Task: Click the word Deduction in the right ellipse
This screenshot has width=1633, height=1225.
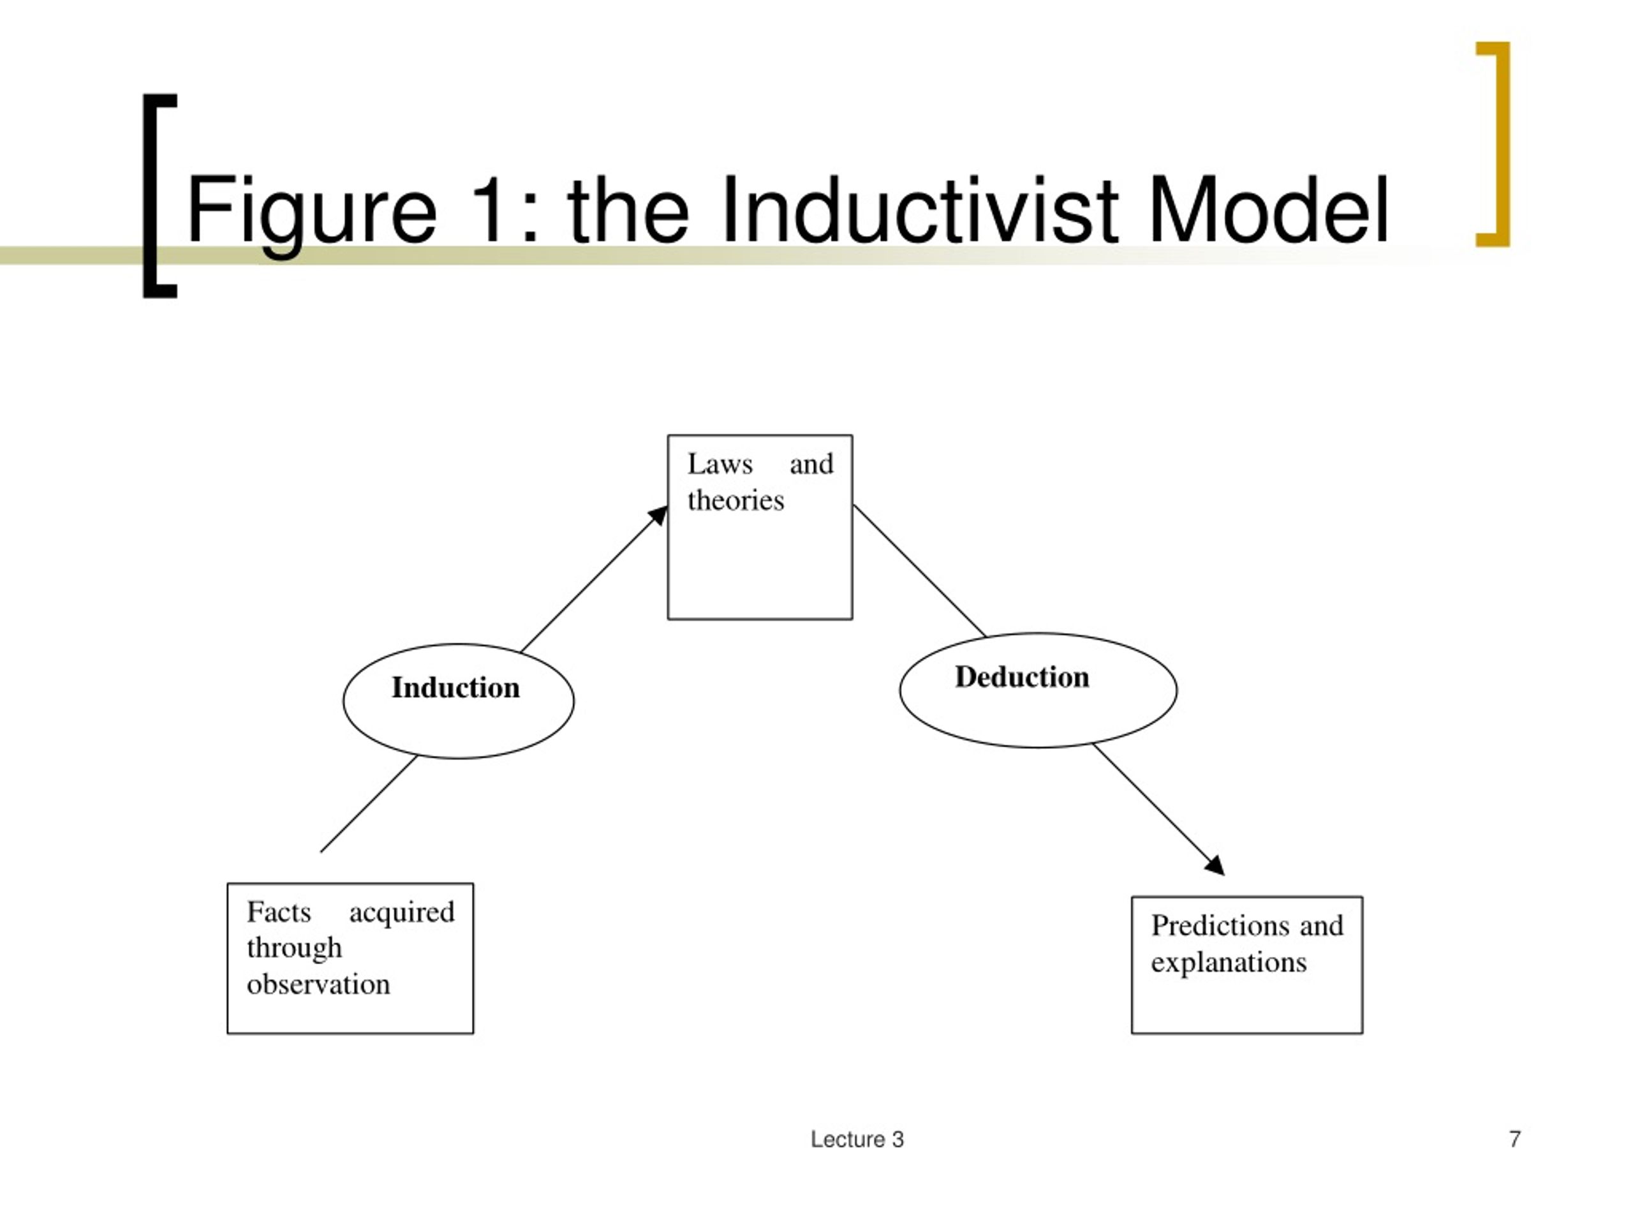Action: (x=1022, y=677)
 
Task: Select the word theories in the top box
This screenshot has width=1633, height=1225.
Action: (x=735, y=500)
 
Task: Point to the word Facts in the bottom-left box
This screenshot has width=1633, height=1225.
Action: (x=279, y=911)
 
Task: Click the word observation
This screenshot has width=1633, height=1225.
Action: (x=318, y=984)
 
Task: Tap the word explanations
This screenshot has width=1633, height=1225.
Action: (x=1229, y=963)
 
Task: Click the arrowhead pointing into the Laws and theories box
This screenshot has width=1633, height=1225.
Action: (x=658, y=516)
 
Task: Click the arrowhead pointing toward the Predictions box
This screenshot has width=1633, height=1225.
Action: (x=1215, y=865)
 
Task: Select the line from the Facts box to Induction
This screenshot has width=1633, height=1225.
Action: (x=369, y=803)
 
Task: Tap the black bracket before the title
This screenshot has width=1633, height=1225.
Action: (x=150, y=196)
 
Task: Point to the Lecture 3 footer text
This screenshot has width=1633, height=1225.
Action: (x=857, y=1140)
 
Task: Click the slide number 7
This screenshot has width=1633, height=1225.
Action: (x=1515, y=1140)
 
